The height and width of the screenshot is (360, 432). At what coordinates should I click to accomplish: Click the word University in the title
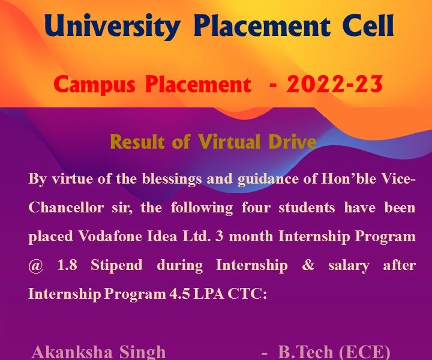click(112, 26)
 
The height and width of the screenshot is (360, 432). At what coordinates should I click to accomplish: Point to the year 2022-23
click(334, 84)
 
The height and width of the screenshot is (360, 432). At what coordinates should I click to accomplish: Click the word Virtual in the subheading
click(229, 142)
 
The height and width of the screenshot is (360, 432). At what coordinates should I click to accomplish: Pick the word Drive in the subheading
click(292, 142)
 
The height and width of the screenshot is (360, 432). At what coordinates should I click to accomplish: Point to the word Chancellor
click(66, 208)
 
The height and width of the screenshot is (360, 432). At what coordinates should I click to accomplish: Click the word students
click(307, 208)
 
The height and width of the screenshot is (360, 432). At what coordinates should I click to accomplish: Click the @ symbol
click(36, 266)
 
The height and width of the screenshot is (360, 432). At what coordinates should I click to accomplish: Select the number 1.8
click(67, 265)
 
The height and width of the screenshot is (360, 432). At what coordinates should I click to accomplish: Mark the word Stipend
click(116, 266)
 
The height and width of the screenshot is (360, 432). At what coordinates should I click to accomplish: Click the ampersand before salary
click(308, 265)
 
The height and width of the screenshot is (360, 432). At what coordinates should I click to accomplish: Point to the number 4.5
click(179, 294)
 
